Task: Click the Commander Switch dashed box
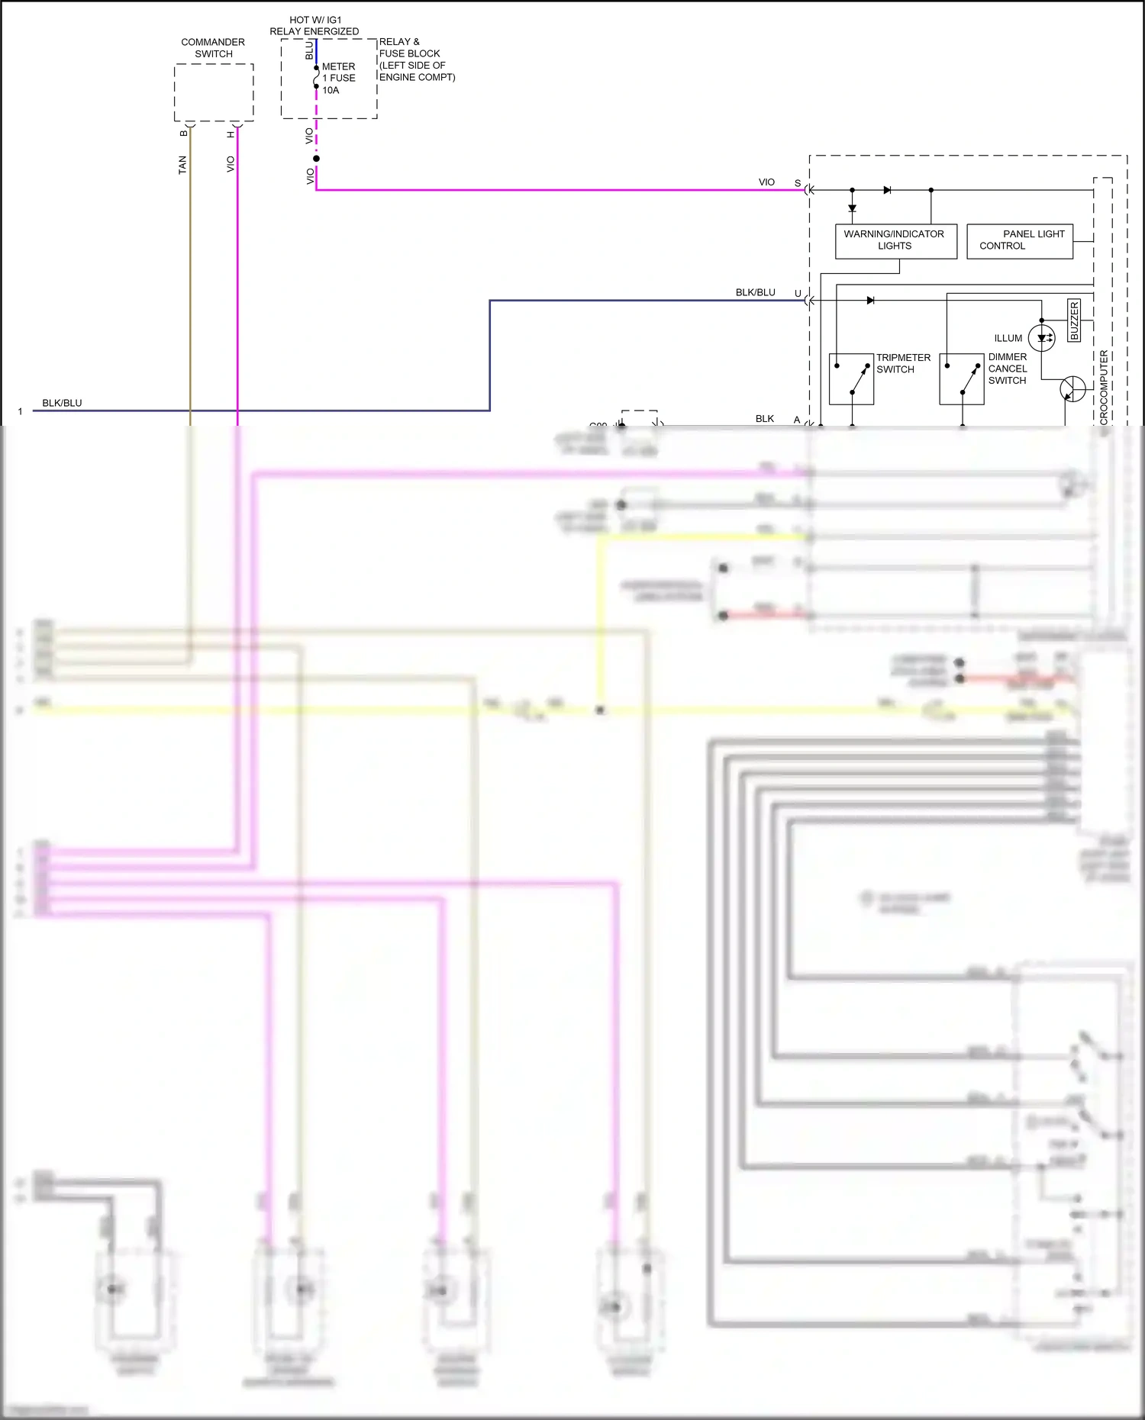click(x=214, y=92)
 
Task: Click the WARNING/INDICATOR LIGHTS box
click(x=895, y=241)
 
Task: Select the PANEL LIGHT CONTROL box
click(x=1020, y=241)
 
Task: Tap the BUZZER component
click(x=1074, y=320)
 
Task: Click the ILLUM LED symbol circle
click(x=1042, y=338)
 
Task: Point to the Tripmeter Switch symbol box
click(x=851, y=378)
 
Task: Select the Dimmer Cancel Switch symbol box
click(x=961, y=378)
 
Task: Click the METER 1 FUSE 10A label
click(x=338, y=79)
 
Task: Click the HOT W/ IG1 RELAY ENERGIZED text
click(x=314, y=26)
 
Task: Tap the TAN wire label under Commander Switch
click(x=182, y=165)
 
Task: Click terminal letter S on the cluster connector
click(x=798, y=183)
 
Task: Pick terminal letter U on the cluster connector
click(x=798, y=294)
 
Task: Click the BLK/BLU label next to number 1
click(x=62, y=403)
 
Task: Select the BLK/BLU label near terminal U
click(x=755, y=293)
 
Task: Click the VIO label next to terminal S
click(x=766, y=182)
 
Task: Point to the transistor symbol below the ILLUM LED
click(x=1072, y=388)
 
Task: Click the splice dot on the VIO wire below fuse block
click(x=316, y=159)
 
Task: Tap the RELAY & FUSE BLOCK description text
click(x=416, y=60)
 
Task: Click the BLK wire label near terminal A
click(x=764, y=419)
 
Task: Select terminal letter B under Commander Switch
click(x=184, y=134)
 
